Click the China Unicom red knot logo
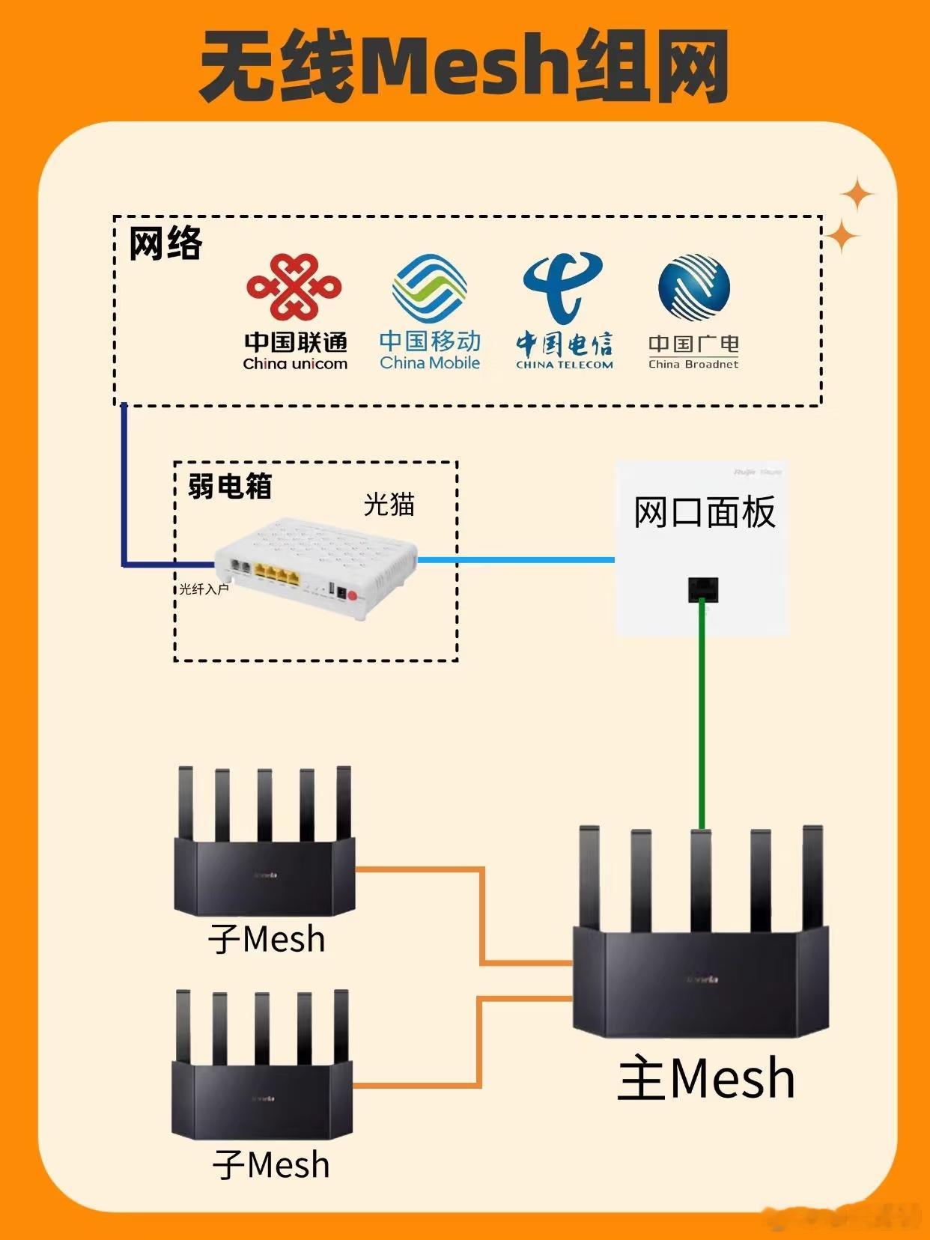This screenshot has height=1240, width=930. pos(294,287)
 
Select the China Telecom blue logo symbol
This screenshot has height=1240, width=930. pos(563,287)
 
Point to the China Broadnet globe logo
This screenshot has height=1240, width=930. pos(694,288)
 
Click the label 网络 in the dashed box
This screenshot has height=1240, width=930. pos(165,243)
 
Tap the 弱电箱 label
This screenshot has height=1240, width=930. pos(230,486)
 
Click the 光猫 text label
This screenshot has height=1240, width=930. pos(389,505)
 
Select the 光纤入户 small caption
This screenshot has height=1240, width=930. pos(204,589)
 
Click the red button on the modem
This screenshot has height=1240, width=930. pos(353,596)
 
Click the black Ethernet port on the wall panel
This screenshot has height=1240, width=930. pos(702,589)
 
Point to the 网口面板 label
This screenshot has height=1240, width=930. pos(704,513)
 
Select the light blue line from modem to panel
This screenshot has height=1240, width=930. pos(517,559)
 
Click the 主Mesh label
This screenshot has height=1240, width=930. pos(706,1079)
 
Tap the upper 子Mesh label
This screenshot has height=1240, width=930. pos(267,940)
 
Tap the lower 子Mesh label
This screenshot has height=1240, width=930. pos(270,1165)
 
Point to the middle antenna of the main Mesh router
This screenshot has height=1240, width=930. pos(701,880)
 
